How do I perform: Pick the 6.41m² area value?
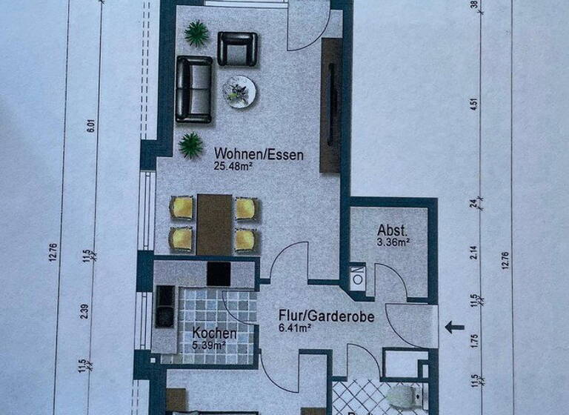point(295,328)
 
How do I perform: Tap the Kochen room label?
point(214,333)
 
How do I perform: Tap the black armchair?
point(237,48)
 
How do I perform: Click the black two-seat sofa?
point(193,90)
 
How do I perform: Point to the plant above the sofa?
point(197,32)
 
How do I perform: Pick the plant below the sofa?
point(191,145)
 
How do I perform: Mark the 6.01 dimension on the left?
point(90,126)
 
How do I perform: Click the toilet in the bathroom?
point(402,397)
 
